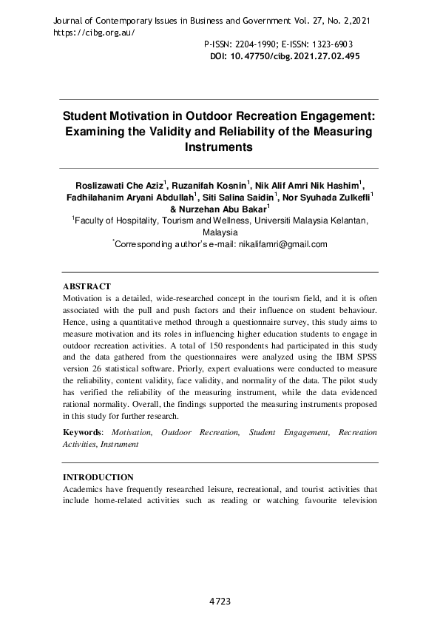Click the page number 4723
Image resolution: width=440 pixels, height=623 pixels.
coord(220,602)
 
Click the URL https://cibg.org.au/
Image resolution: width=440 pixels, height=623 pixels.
coord(95,33)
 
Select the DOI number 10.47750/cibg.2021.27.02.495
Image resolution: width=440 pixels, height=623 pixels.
coord(294,56)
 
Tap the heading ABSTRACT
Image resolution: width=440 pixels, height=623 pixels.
coord(87,286)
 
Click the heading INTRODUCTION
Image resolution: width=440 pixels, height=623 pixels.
coord(98,477)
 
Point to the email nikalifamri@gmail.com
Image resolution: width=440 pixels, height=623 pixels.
coord(281,243)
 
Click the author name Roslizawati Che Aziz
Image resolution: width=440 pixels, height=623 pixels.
coord(118,184)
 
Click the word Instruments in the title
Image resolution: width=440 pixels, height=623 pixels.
coord(219,147)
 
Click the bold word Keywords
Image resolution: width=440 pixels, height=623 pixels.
coord(81,432)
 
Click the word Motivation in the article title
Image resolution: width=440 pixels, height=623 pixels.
coord(146,116)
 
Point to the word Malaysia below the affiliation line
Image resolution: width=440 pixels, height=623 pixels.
coord(220,232)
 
